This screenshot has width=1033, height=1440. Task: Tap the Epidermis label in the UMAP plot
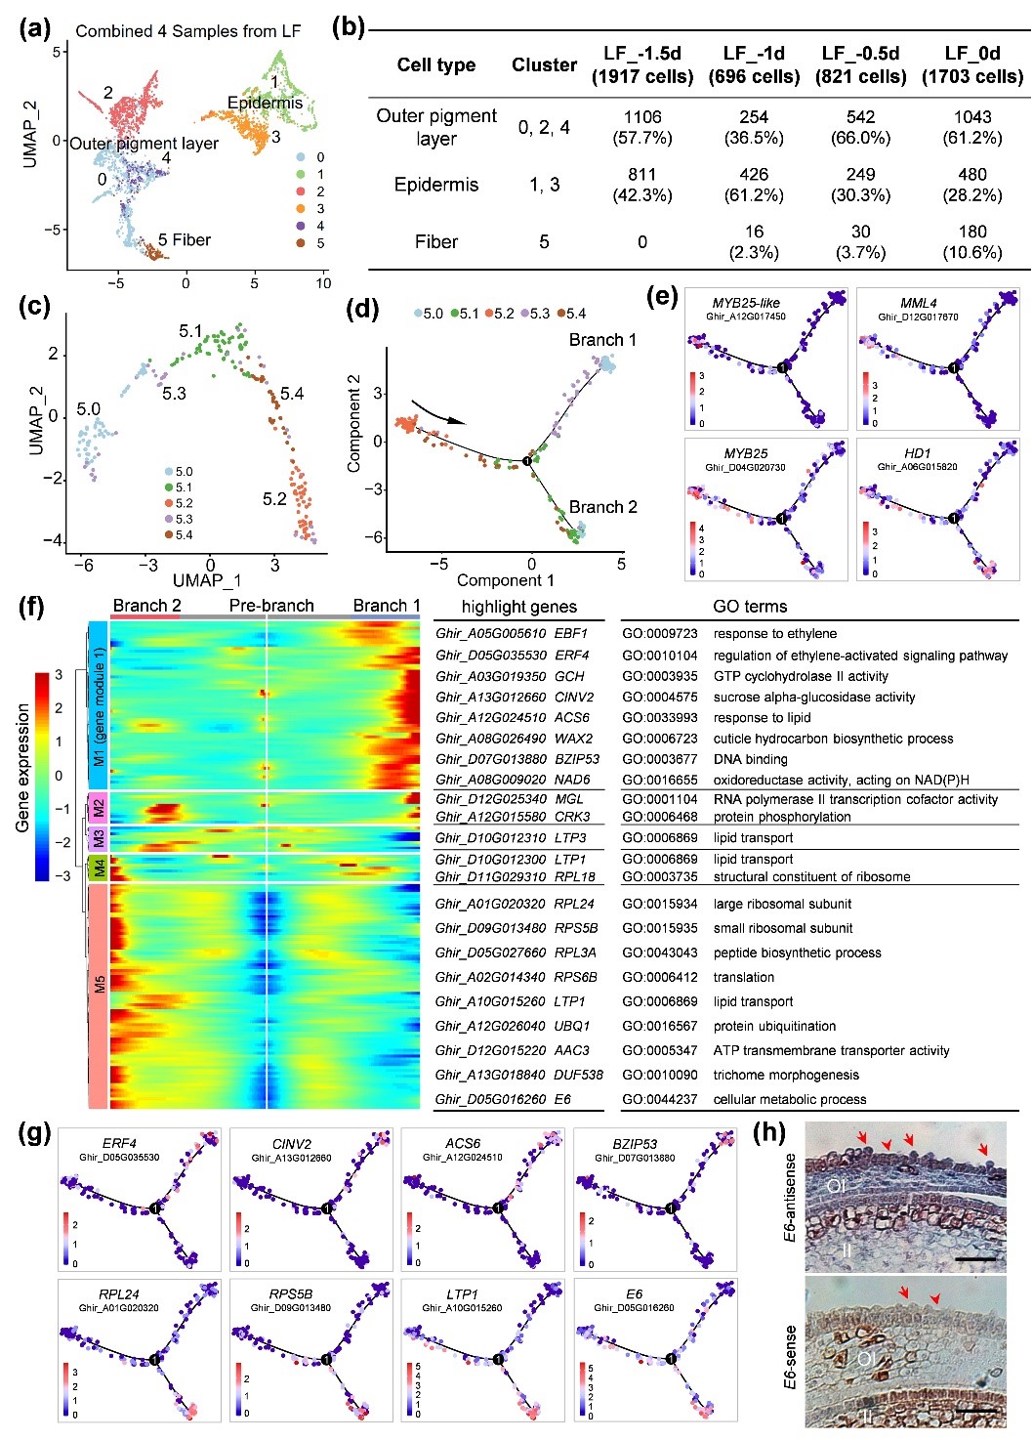point(265,103)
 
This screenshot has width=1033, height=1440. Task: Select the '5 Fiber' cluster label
point(185,239)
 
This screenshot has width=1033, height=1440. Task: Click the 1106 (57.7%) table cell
point(642,127)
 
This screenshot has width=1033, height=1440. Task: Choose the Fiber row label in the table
point(436,241)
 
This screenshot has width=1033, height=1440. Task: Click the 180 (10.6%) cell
point(972,241)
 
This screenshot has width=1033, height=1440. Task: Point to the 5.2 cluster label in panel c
point(274,499)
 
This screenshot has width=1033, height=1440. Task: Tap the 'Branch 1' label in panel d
point(602,340)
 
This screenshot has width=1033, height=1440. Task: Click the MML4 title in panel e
point(919,303)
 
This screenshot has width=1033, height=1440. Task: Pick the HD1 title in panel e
point(918,453)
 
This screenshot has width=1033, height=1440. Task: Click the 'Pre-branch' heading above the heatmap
point(271,606)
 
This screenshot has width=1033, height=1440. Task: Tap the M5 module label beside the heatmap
point(99,983)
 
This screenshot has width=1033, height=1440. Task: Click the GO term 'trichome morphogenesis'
point(786,1075)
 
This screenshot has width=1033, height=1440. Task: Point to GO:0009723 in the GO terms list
point(660,633)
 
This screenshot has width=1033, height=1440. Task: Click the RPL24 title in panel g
point(119,1294)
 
